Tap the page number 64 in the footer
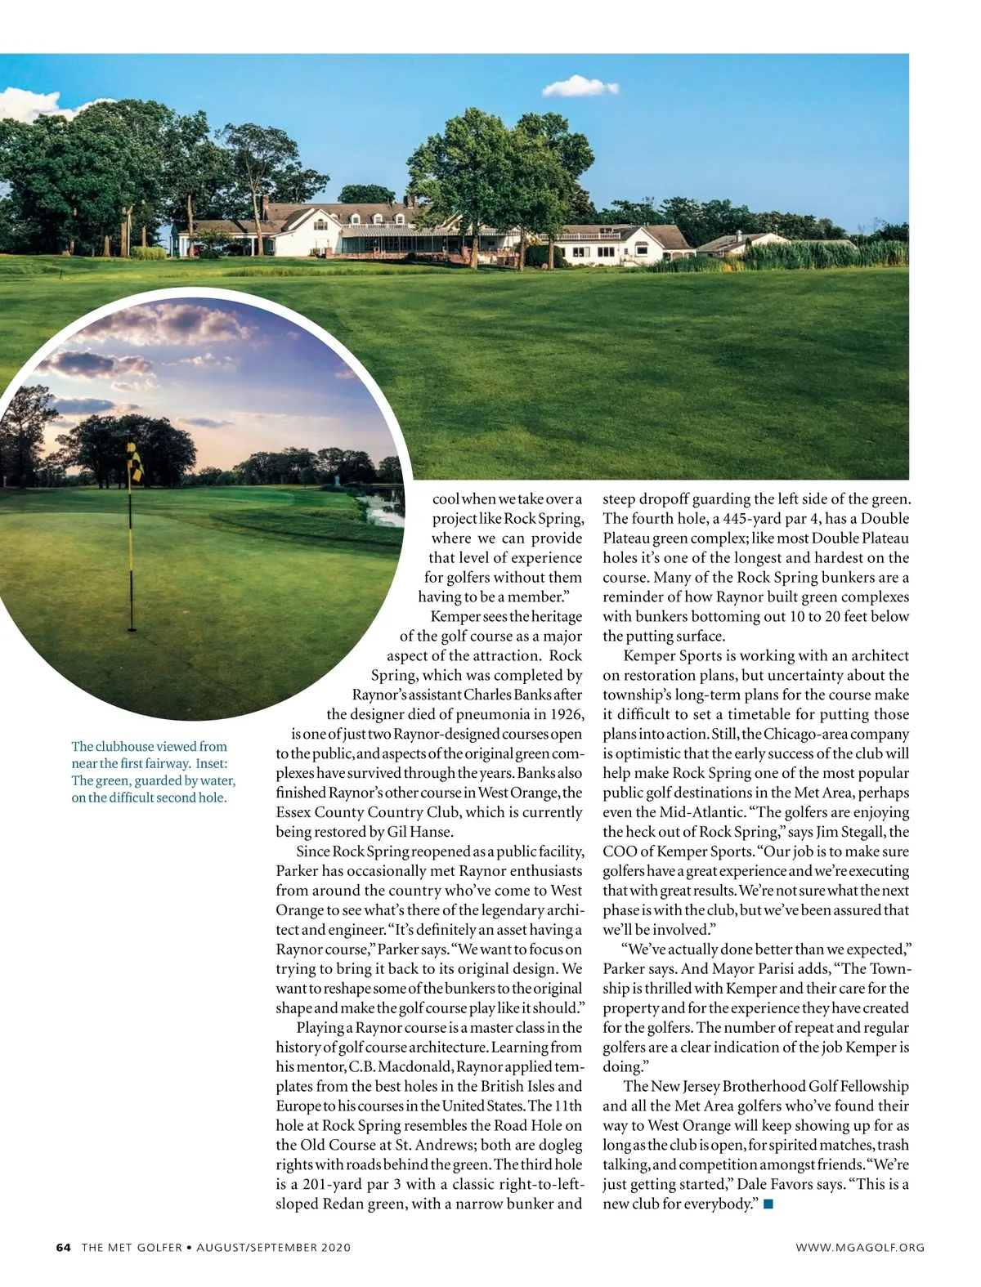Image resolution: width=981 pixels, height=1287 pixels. click(64, 1247)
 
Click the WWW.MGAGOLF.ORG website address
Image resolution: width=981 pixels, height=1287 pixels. click(860, 1247)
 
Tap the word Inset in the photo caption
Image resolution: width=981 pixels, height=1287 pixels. click(212, 764)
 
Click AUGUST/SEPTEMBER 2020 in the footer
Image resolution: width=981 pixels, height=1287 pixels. click(273, 1247)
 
